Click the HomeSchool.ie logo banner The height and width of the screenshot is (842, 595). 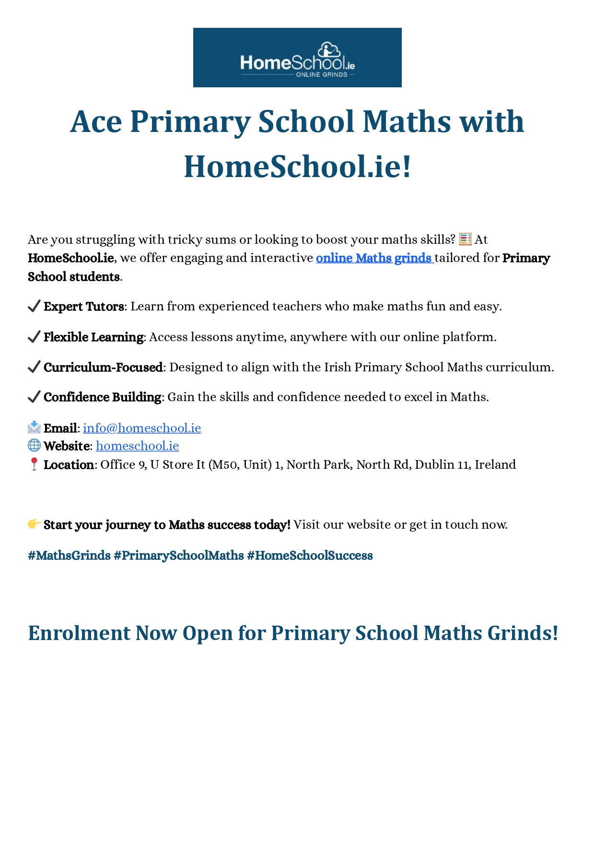297,58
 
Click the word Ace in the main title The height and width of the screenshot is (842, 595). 96,122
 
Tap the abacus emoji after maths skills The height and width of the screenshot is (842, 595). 465,239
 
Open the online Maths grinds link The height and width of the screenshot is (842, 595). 374,258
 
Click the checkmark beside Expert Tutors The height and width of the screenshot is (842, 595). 34,306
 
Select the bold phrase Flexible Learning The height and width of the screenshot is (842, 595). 93,337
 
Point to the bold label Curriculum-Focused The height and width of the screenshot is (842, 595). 103,368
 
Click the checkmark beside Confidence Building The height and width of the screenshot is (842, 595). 34,397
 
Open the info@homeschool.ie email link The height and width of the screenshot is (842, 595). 142,428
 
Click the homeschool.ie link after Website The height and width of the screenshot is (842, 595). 137,446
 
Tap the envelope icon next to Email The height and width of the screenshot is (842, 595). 34,427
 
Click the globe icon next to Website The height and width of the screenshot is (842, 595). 34,445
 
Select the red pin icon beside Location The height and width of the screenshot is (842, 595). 34,464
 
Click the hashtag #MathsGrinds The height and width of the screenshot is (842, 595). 70,556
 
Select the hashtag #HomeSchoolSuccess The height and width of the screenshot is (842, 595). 310,556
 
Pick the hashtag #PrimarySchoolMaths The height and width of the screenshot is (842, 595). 179,556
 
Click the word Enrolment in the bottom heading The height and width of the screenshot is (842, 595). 79,633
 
